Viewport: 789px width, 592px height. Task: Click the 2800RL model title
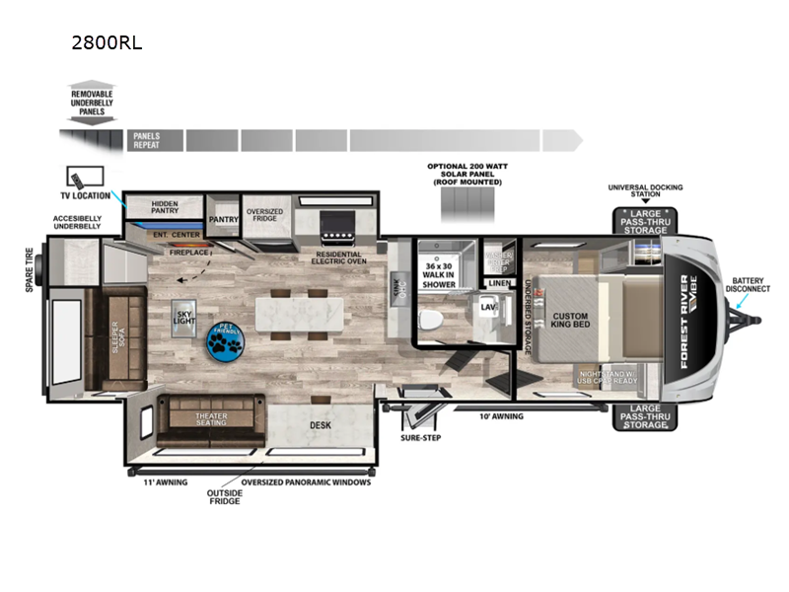101,43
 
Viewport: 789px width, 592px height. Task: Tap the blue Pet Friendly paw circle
224,342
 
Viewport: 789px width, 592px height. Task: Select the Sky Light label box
184,314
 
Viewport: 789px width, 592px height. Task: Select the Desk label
319,425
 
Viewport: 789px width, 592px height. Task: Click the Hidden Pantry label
165,206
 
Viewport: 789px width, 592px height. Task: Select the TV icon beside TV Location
76,179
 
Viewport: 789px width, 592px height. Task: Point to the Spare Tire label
31,273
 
